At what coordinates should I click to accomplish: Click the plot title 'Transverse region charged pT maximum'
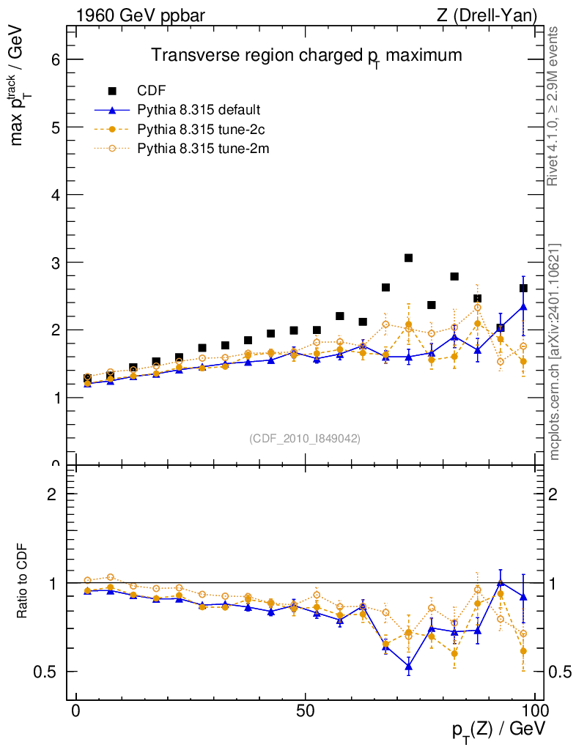click(x=306, y=56)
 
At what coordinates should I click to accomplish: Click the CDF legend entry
click(x=152, y=91)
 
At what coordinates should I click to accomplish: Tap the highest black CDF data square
click(x=408, y=258)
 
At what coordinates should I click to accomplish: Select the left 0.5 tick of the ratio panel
click(x=49, y=672)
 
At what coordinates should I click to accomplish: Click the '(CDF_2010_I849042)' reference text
click(x=305, y=438)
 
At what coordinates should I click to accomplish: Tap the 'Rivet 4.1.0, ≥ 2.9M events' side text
click(x=554, y=106)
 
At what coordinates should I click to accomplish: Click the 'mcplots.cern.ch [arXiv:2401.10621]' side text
click(x=555, y=352)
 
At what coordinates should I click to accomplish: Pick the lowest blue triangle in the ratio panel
click(x=408, y=667)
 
